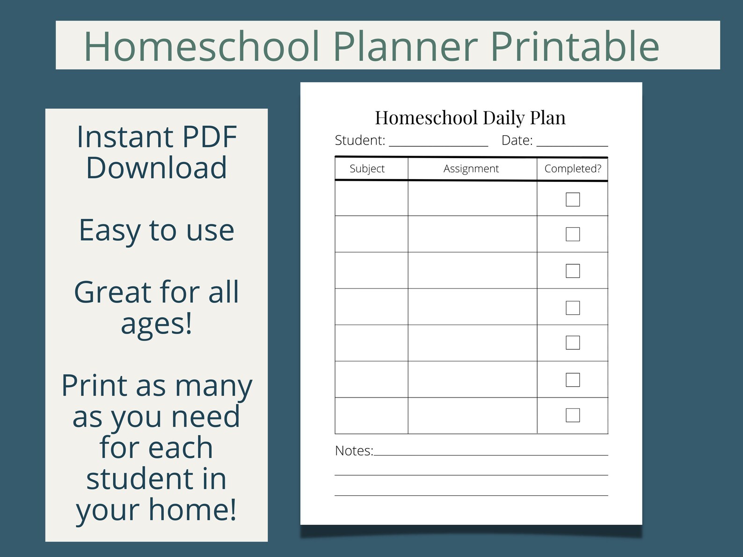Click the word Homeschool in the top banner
(202, 46)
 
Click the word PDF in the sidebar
(210, 137)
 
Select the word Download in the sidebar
(156, 168)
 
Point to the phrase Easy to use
(156, 230)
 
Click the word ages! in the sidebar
(156, 323)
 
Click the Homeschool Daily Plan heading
(470, 118)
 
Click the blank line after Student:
(438, 142)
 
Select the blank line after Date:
(572, 142)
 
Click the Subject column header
(367, 169)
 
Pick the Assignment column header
(471, 169)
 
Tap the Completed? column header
(573, 169)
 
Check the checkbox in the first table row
(573, 199)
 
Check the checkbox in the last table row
(573, 415)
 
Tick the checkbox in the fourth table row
(573, 308)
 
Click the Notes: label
(354, 451)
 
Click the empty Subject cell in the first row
(371, 199)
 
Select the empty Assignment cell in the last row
(473, 416)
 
